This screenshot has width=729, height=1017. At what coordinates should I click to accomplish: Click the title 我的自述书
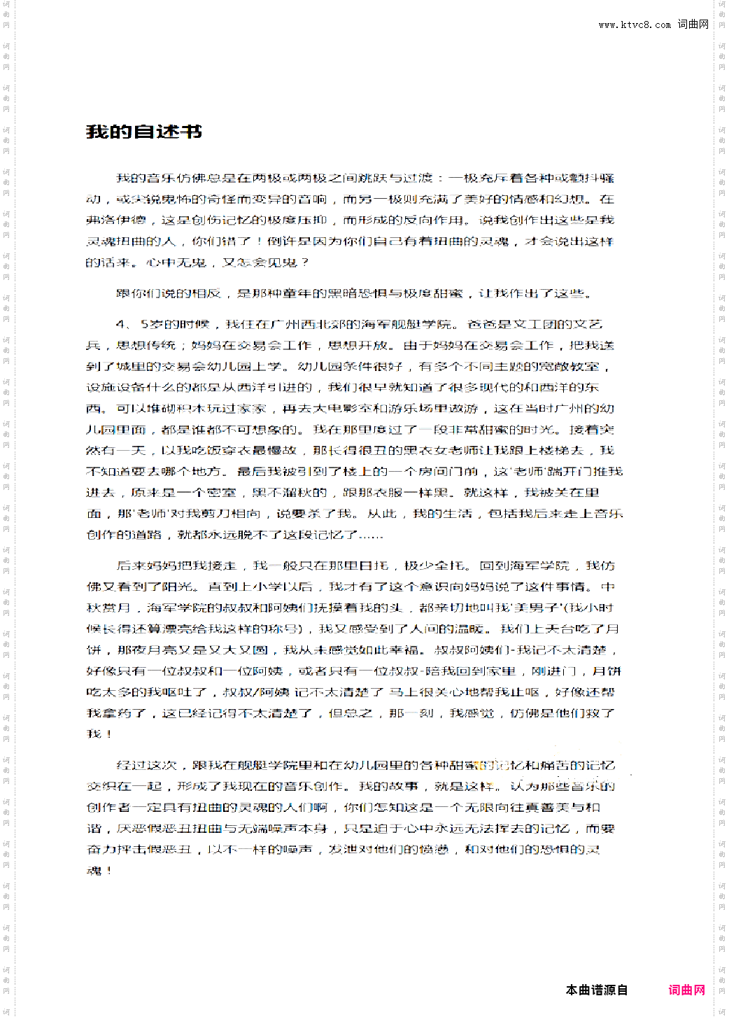pyautogui.click(x=144, y=132)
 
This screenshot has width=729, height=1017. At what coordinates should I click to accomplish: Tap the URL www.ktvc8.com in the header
pyautogui.click(x=635, y=24)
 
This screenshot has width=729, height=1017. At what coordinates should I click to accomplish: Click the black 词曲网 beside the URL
pyautogui.click(x=693, y=24)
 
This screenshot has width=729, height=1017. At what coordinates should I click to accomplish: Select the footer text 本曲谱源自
pyautogui.click(x=596, y=990)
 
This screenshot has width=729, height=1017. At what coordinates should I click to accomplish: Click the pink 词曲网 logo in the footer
pyautogui.click(x=686, y=990)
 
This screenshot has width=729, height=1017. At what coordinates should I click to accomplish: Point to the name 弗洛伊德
pyautogui.click(x=115, y=220)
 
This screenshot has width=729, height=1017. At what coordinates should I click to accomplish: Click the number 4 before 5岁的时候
pyautogui.click(x=120, y=324)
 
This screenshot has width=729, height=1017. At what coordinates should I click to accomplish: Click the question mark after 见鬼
pyautogui.click(x=305, y=262)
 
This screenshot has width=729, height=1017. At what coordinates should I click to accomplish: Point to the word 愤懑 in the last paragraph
pyautogui.click(x=434, y=849)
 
